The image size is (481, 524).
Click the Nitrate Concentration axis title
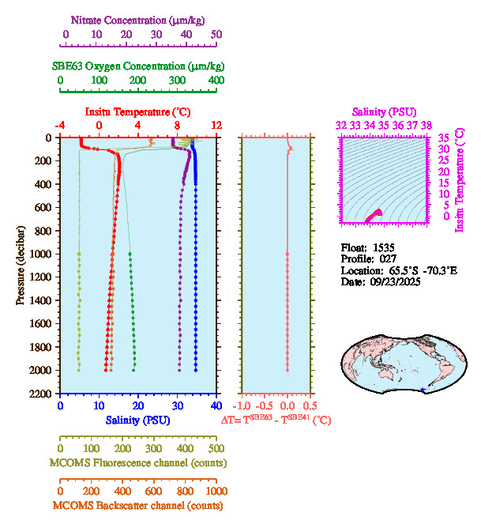[x=139, y=19]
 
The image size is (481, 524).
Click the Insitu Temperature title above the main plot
[x=137, y=112]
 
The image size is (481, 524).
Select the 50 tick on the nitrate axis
[x=216, y=34]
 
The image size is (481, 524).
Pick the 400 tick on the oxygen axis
[x=216, y=81]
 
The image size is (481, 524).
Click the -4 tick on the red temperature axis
[x=60, y=126]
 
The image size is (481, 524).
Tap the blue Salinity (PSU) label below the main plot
[x=137, y=420]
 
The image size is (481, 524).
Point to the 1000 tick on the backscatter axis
[x=215, y=491]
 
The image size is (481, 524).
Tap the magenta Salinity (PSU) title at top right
[x=382, y=112]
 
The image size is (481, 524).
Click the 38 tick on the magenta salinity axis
[x=427, y=125]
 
